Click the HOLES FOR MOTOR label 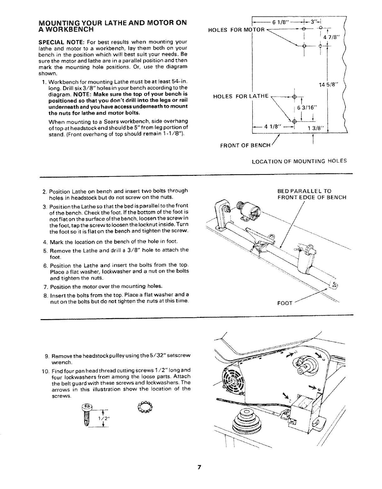(237, 30)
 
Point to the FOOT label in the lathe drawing (284, 303)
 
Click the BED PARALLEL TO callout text (304, 191)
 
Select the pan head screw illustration (85, 414)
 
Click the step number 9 (46, 356)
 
